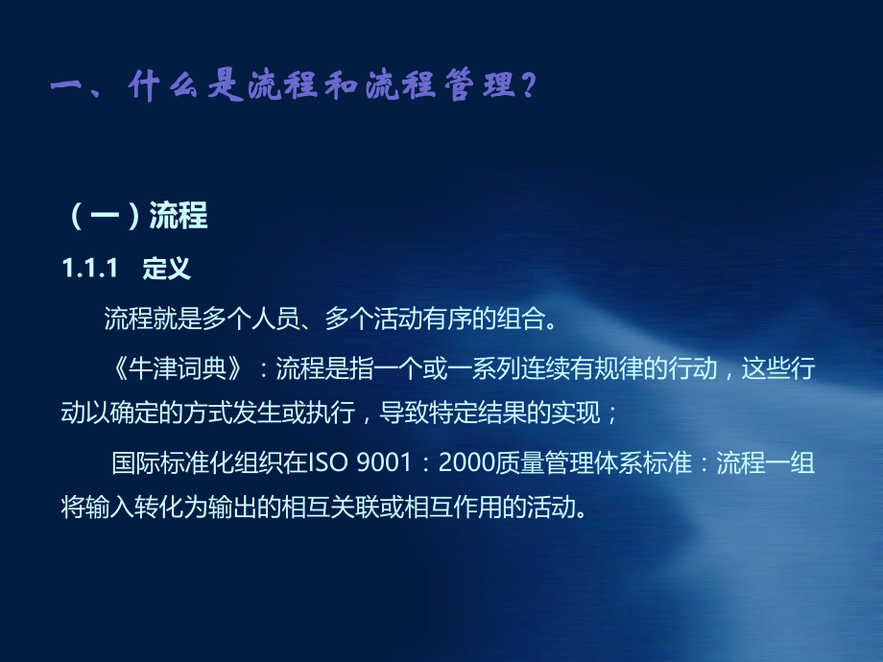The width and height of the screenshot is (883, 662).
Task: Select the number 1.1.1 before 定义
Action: click(x=89, y=270)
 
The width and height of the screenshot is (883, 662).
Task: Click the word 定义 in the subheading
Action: click(x=167, y=270)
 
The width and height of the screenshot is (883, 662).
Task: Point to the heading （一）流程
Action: click(x=138, y=216)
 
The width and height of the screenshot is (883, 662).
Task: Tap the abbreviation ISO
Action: click(x=328, y=463)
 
